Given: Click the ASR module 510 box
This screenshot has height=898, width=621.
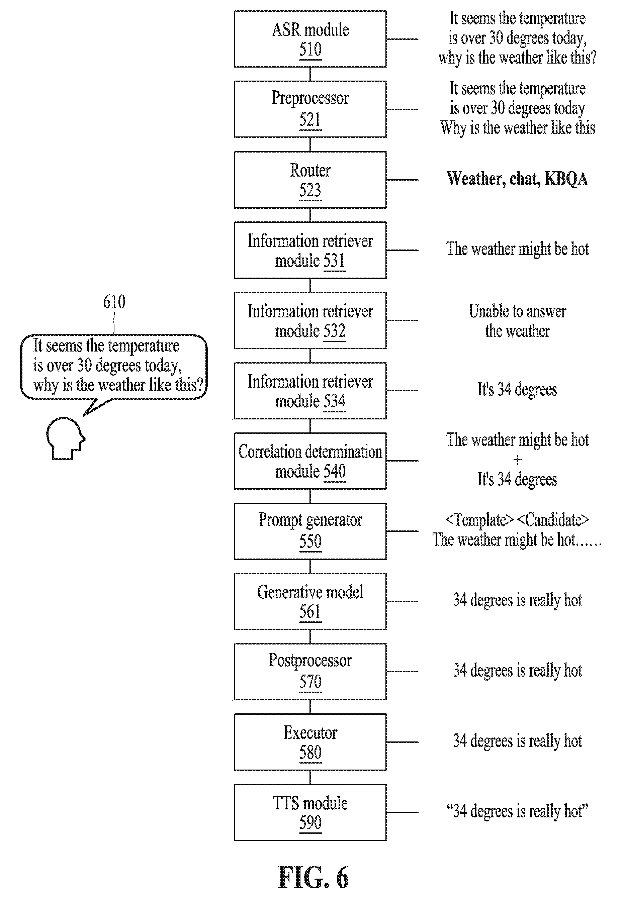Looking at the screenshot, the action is pyautogui.click(x=310, y=39).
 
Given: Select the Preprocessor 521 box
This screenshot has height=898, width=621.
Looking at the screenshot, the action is pyautogui.click(x=310, y=109).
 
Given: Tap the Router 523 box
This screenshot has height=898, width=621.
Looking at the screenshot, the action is pyautogui.click(x=310, y=180).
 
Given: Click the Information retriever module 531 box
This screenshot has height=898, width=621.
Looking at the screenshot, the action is pyautogui.click(x=310, y=250).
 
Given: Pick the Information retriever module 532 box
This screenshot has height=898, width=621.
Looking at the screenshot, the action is pyautogui.click(x=310, y=320).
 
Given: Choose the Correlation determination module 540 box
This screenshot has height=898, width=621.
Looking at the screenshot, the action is pyautogui.click(x=310, y=461).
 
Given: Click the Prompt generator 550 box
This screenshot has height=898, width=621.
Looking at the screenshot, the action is pyautogui.click(x=310, y=531).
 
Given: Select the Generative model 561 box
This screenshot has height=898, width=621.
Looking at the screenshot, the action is pyautogui.click(x=310, y=601).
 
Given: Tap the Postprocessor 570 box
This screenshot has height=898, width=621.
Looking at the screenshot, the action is pyautogui.click(x=310, y=672).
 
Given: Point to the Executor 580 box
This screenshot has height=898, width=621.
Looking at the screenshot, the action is pyautogui.click(x=310, y=742).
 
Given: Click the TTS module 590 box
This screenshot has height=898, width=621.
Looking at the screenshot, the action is pyautogui.click(x=310, y=812).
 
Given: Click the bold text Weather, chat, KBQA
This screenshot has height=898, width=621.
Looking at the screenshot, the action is pyautogui.click(x=517, y=179).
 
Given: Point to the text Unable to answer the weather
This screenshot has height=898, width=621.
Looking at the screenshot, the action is pyautogui.click(x=517, y=321).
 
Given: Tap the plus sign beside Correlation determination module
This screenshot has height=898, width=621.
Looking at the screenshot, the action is pyautogui.click(x=517, y=460).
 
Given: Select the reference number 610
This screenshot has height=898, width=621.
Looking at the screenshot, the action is pyautogui.click(x=114, y=301).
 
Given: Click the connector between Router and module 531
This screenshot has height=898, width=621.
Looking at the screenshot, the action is pyautogui.click(x=310, y=215).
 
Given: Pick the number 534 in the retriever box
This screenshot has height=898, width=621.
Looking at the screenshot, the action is pyautogui.click(x=334, y=401).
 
